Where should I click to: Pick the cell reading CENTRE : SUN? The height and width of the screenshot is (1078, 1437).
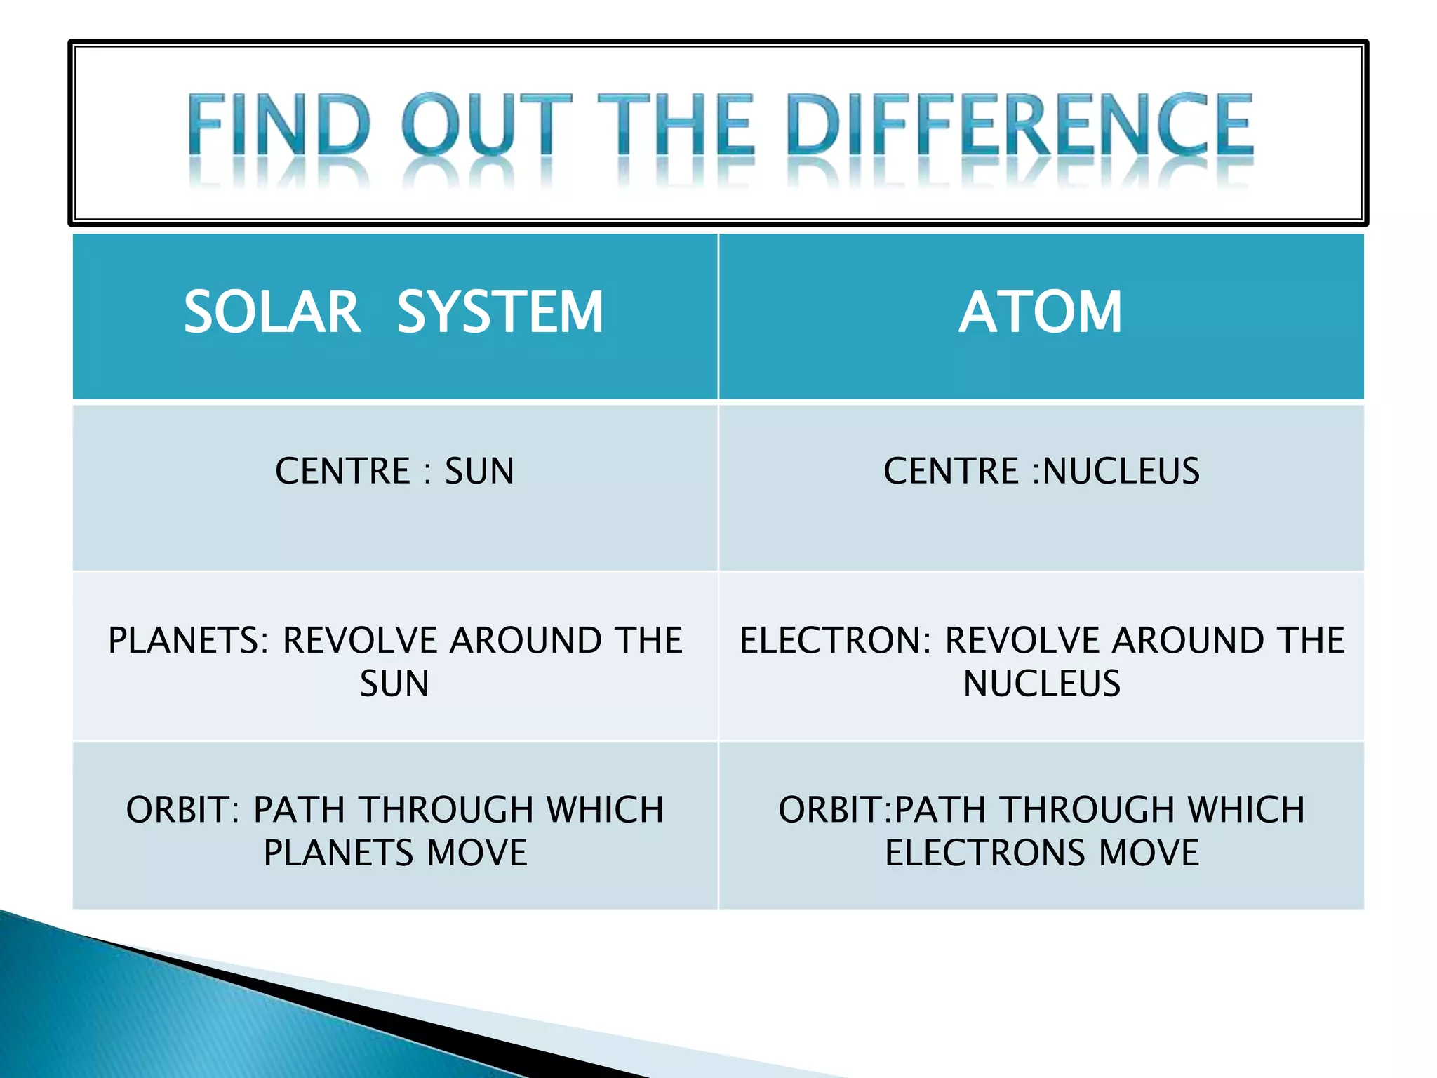pyautogui.click(x=394, y=471)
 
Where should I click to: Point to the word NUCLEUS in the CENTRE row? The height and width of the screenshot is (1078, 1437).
pyautogui.click(x=1121, y=471)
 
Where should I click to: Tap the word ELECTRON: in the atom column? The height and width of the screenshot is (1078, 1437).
pyautogui.click(x=835, y=640)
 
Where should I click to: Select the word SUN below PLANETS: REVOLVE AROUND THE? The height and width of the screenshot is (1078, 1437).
pyautogui.click(x=394, y=684)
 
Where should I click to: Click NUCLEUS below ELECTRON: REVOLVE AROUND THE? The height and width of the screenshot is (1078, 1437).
pyautogui.click(x=1042, y=684)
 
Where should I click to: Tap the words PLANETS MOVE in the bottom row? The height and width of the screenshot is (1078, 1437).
pyautogui.click(x=395, y=853)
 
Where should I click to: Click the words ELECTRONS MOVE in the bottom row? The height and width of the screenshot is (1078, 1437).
pyautogui.click(x=1042, y=853)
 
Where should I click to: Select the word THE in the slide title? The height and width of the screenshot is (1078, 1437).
pyautogui.click(x=676, y=125)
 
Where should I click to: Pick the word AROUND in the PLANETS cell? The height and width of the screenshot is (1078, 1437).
pyautogui.click(x=525, y=640)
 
